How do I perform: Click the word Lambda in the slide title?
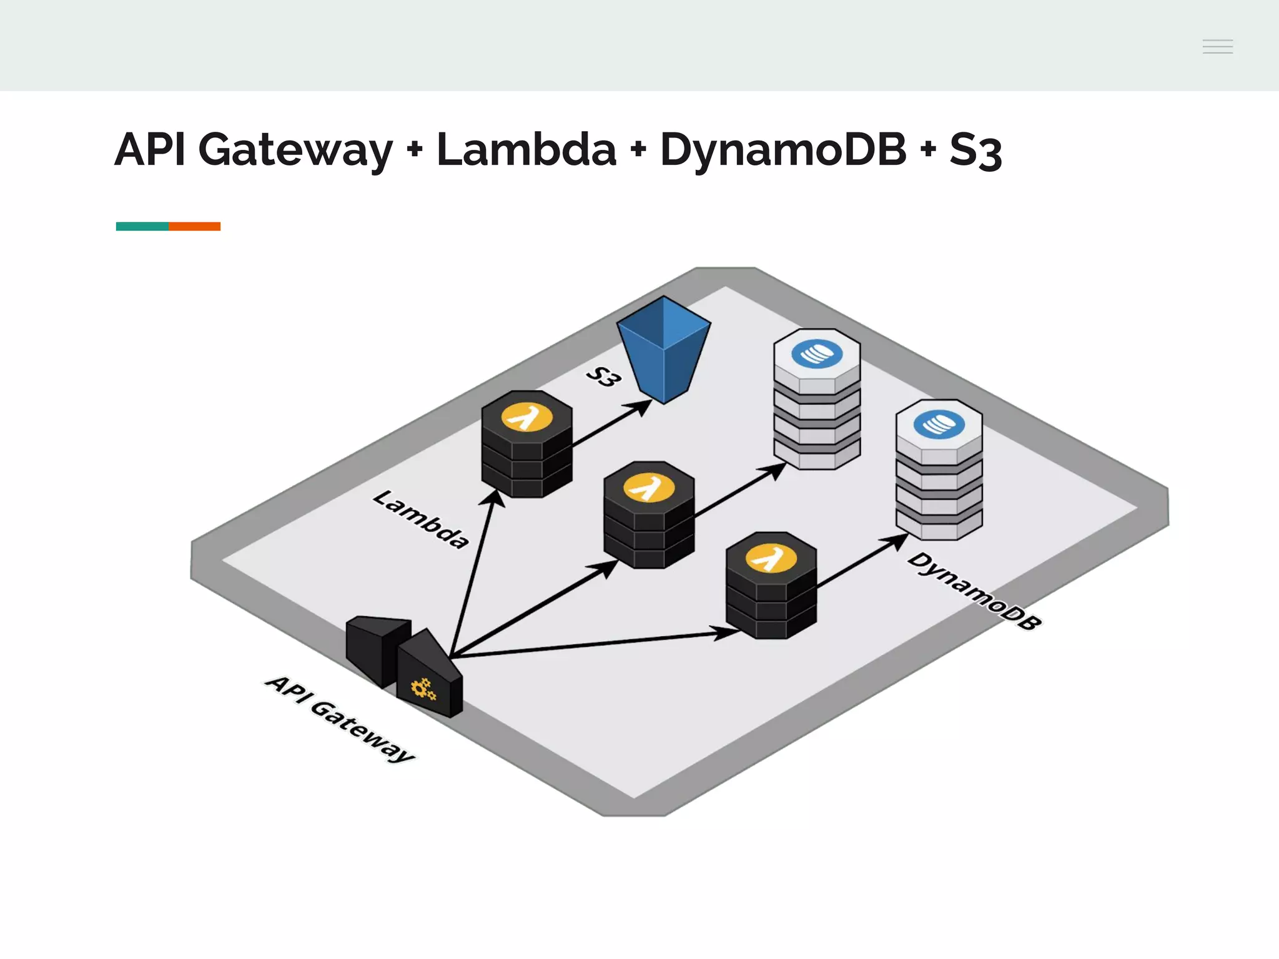(x=526, y=150)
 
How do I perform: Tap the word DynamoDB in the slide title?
(x=783, y=150)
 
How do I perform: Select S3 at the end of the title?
(x=975, y=151)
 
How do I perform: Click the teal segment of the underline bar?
(x=142, y=226)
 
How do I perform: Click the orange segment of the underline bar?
(x=194, y=226)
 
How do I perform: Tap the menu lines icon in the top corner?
(x=1217, y=46)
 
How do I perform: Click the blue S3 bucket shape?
(x=663, y=350)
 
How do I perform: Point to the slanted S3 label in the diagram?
(x=603, y=376)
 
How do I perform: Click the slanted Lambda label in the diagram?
(x=420, y=519)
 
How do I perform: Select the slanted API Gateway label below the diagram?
(x=340, y=718)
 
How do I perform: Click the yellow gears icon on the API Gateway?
(x=423, y=689)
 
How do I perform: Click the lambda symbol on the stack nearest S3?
(x=527, y=417)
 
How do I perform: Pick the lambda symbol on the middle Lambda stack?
(x=649, y=488)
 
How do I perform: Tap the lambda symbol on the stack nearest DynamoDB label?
(x=771, y=558)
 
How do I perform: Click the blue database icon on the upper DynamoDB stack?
(x=816, y=354)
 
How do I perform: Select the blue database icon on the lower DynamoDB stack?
(x=939, y=425)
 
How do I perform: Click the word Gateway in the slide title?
(x=295, y=150)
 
